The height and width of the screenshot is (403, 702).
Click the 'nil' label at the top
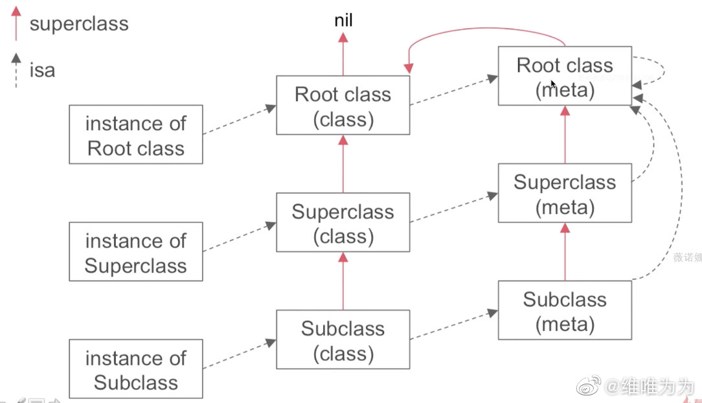pyautogui.click(x=343, y=22)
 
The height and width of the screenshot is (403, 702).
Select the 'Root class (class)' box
pyautogui.click(x=343, y=106)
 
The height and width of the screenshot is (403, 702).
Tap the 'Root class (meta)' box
pyautogui.click(x=565, y=76)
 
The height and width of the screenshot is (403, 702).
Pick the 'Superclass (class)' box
pyautogui.click(x=343, y=223)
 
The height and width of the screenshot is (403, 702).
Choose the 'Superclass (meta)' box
pyautogui.click(x=565, y=193)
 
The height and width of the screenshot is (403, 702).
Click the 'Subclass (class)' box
pyautogui.click(x=343, y=340)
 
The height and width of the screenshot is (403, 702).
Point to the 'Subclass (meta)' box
pyautogui.click(x=565, y=310)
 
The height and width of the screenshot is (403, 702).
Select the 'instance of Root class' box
pyautogui.click(x=135, y=135)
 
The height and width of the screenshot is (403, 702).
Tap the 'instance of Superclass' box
pyautogui.click(x=135, y=252)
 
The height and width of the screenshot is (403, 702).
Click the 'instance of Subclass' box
pyautogui.click(x=135, y=369)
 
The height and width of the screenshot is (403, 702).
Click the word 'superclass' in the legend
pyautogui.click(x=79, y=25)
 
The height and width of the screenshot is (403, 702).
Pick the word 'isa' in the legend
pyautogui.click(x=42, y=69)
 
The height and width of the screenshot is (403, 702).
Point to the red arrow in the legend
pyautogui.click(x=16, y=23)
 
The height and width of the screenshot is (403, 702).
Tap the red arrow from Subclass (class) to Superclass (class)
pyautogui.click(x=343, y=281)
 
